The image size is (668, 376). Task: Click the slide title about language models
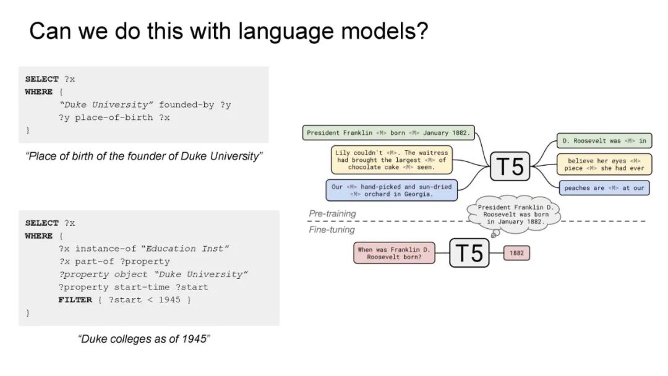(228, 31)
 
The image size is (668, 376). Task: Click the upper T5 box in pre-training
(510, 166)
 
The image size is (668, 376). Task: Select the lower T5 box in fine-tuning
(469, 253)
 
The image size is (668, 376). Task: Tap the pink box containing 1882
(516, 253)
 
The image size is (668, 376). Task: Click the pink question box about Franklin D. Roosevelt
(394, 253)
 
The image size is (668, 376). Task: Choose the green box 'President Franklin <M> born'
(388, 132)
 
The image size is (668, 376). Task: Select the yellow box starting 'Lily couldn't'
(391, 160)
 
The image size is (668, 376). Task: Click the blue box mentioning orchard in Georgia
(391, 190)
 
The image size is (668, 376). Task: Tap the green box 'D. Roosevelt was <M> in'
(604, 141)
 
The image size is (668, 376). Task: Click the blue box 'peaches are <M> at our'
(604, 188)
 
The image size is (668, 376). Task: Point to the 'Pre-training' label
(332, 213)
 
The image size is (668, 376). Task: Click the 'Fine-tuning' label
(332, 229)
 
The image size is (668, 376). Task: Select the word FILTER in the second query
(75, 300)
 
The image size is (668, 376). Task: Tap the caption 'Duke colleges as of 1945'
(144, 339)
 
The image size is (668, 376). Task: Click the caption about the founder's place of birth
(144, 156)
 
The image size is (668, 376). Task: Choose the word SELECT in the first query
(42, 79)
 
